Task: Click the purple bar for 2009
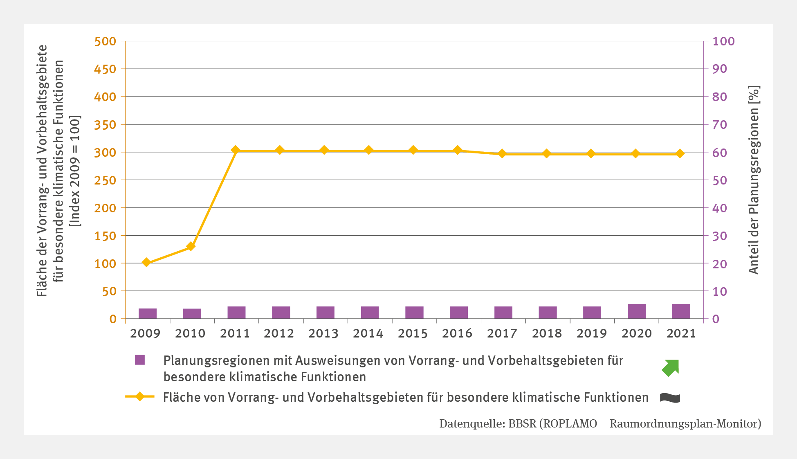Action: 148,313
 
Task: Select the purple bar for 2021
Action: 681,311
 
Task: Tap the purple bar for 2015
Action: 414,313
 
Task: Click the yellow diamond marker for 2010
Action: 191,246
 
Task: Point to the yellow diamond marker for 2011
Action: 235,150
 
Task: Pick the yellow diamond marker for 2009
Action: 146,262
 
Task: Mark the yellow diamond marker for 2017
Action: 503,154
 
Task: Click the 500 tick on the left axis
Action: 105,41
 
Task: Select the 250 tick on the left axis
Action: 105,180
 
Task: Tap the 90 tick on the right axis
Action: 720,69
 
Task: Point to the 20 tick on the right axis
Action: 720,264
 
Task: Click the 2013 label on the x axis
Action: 323,334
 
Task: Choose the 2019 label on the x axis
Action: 591,334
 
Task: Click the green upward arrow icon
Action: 671,367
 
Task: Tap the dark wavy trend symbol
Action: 670,398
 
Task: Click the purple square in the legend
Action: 140,360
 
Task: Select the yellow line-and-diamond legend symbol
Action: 140,397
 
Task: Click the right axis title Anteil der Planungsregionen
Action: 754,180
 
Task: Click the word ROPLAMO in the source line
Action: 570,424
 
